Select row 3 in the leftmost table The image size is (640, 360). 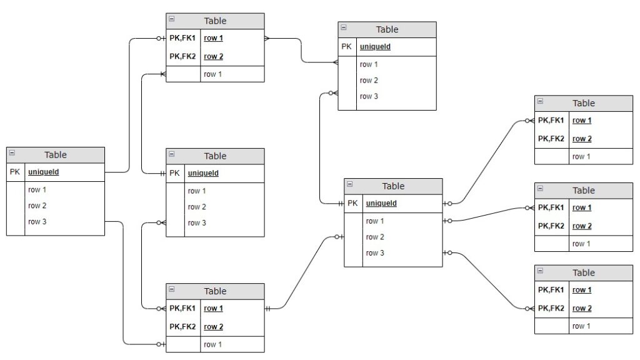pos(37,221)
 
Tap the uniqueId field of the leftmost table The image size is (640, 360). pos(44,172)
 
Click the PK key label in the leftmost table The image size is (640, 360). pos(15,172)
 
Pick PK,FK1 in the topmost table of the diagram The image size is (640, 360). pos(182,37)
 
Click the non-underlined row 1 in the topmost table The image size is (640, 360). pos(212,74)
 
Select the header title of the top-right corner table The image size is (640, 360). pos(584,103)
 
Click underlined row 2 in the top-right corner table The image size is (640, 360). pos(582,139)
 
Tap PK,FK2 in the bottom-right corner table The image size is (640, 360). pos(551,308)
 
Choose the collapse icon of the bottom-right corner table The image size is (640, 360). pos(541,271)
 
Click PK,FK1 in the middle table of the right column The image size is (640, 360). pos(551,207)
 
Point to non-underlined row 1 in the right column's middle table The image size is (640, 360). pos(581,244)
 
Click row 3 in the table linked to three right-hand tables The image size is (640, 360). pos(375,253)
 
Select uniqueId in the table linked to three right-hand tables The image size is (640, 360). pos(381,203)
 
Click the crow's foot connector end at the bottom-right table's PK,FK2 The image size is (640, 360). pos(531,308)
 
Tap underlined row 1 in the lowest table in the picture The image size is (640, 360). pos(213,308)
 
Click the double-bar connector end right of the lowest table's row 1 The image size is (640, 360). pos(268,308)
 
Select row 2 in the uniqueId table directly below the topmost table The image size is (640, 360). pos(196,207)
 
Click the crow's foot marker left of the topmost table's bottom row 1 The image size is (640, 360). pos(162,74)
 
